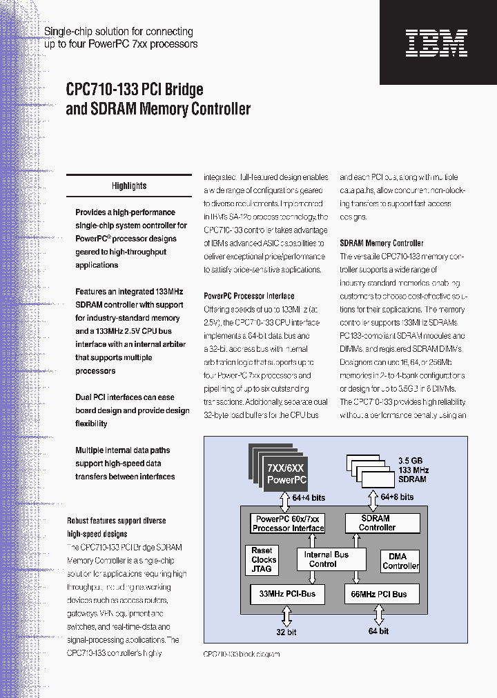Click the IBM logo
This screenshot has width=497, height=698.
pos(436,43)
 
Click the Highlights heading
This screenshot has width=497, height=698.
pos(129,186)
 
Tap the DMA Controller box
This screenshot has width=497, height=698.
pos(400,561)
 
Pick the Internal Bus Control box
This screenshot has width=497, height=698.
pos(327,559)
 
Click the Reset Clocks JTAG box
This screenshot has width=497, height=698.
pos(262,560)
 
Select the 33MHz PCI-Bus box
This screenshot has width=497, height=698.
pos(286,594)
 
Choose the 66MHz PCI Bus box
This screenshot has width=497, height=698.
pos(380,594)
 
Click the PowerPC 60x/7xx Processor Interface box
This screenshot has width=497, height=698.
pos(288,523)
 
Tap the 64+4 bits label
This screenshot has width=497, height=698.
pos(308,497)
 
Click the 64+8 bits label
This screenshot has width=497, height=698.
pos(397,497)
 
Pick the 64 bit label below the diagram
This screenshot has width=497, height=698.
pos(378,630)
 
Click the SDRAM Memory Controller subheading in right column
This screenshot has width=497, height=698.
pos(382,243)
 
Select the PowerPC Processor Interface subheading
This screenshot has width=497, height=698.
pos(248,296)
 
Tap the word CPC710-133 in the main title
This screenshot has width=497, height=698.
pos(102,90)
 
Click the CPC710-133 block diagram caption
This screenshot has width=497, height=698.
pos(242,654)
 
